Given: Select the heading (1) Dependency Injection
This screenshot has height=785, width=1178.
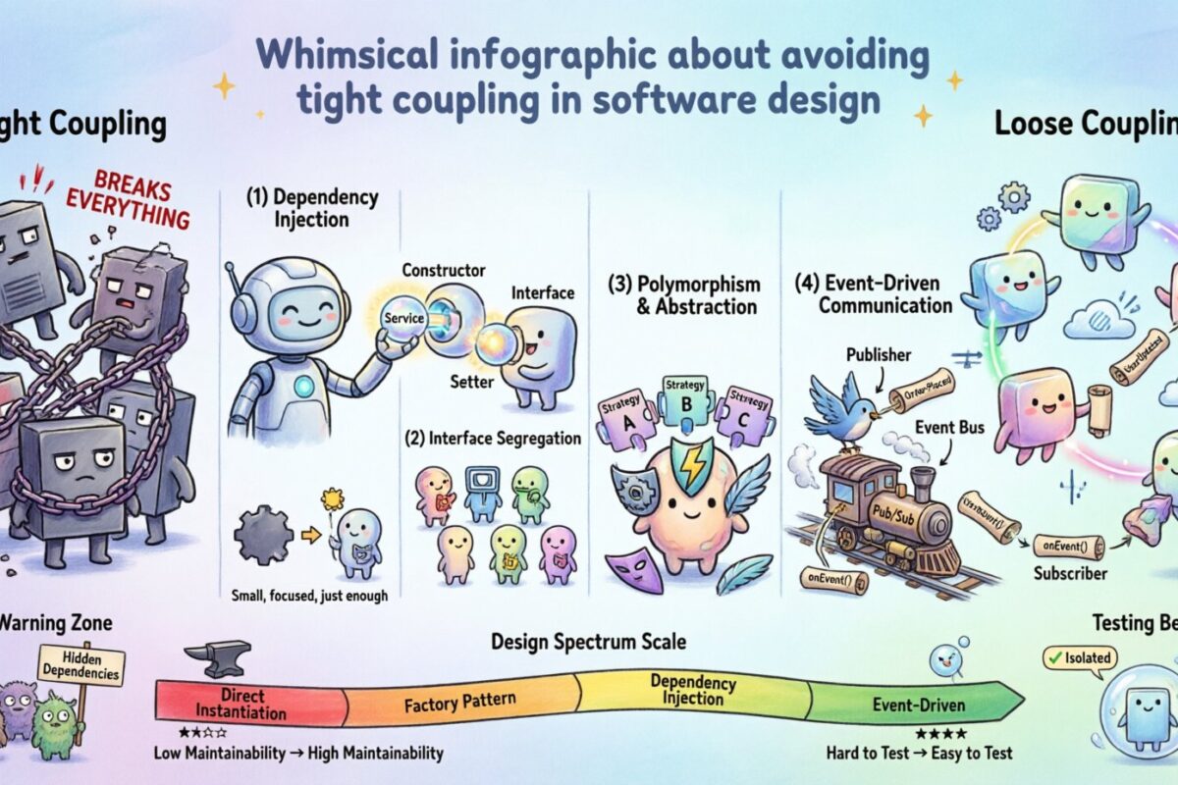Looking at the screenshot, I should click(x=311, y=206).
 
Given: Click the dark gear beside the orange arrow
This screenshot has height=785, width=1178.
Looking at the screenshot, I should click(x=262, y=536).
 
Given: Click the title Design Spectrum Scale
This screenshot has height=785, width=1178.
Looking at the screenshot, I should click(x=589, y=642).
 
